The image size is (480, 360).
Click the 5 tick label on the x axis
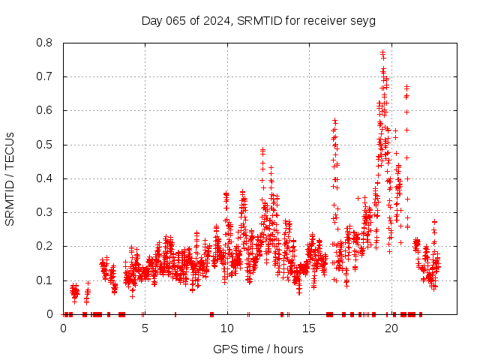click(145, 328)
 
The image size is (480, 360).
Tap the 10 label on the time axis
click(227, 328)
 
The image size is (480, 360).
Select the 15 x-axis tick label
click(309, 328)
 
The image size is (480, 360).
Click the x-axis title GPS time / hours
click(258, 349)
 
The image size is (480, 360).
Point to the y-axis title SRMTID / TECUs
click(10, 178)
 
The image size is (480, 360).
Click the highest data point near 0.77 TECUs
click(382, 52)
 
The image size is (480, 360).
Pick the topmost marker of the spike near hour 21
click(406, 85)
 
